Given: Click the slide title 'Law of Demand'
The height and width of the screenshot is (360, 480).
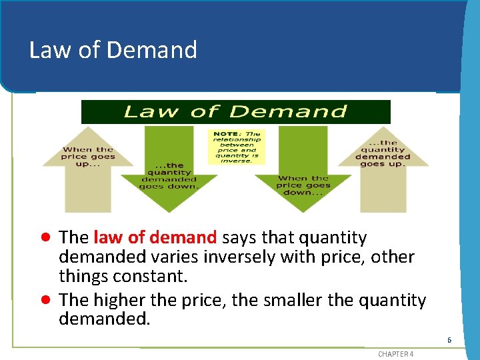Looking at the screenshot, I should click(x=113, y=50).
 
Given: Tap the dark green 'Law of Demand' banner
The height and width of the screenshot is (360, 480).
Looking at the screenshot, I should click(x=235, y=112).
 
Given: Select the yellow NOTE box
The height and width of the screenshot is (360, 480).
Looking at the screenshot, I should click(x=237, y=147).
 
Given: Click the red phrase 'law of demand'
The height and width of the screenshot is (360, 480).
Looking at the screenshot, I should click(x=155, y=237).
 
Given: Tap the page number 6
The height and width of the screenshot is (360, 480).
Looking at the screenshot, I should click(x=449, y=340).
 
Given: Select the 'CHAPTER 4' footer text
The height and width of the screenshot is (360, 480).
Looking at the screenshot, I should click(x=395, y=354).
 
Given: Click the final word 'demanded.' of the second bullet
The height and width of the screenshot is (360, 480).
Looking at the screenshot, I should click(x=105, y=319).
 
